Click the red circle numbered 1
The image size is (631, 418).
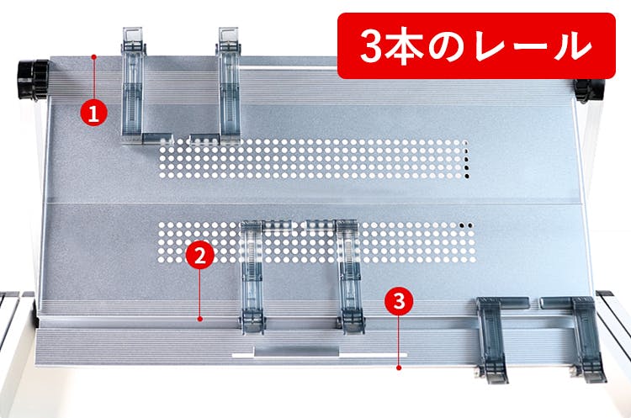tap(93, 113)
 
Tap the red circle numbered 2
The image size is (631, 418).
tap(200, 256)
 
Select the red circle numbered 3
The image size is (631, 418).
tap(399, 300)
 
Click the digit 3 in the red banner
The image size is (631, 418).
tap(371, 45)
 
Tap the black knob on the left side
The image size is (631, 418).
tap(33, 79)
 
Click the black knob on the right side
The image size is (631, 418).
tap(589, 91)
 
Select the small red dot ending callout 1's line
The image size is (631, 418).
tap(93, 56)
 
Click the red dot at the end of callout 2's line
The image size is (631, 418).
tap(200, 319)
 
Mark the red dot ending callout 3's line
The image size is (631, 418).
tap(399, 368)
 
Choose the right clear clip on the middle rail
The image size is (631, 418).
tap(349, 278)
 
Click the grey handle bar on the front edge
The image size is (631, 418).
tap(297, 352)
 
